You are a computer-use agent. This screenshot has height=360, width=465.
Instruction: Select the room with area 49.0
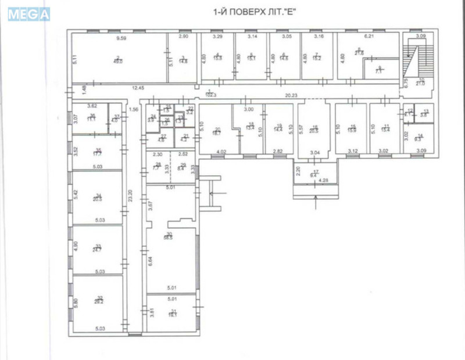119,59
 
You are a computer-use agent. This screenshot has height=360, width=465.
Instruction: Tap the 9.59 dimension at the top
121,38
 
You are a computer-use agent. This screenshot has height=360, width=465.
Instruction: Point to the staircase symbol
413,58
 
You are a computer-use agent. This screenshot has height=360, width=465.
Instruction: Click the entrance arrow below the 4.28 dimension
314,203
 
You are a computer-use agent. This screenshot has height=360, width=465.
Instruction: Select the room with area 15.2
317,57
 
